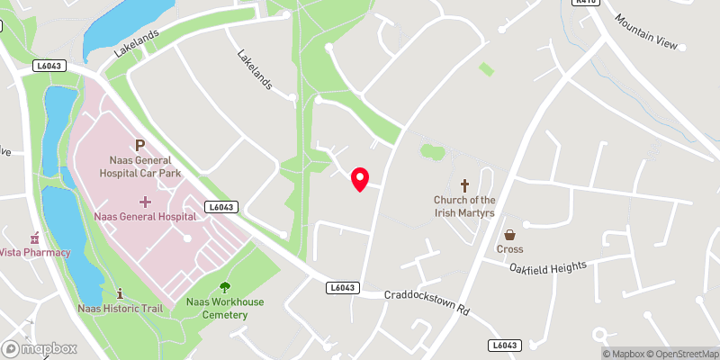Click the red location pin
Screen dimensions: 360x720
coord(360,178)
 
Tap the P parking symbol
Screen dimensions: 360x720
coord(139,144)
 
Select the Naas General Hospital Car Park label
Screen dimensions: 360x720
coord(139,165)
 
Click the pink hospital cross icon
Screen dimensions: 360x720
coord(145,200)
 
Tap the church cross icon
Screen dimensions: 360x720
coord(465,184)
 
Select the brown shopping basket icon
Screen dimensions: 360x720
coord(509,234)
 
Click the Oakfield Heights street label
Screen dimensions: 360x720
coord(547,267)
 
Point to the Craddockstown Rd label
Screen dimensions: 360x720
coord(427,301)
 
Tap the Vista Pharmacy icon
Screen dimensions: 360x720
coord(35,238)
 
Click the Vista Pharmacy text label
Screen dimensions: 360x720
coord(36,252)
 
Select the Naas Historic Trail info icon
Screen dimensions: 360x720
coord(121,293)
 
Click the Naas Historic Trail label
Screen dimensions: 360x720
coord(119,309)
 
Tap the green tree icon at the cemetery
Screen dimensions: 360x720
coord(224,287)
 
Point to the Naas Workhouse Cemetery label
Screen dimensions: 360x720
coord(225,308)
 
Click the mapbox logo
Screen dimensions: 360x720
coord(40,348)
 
